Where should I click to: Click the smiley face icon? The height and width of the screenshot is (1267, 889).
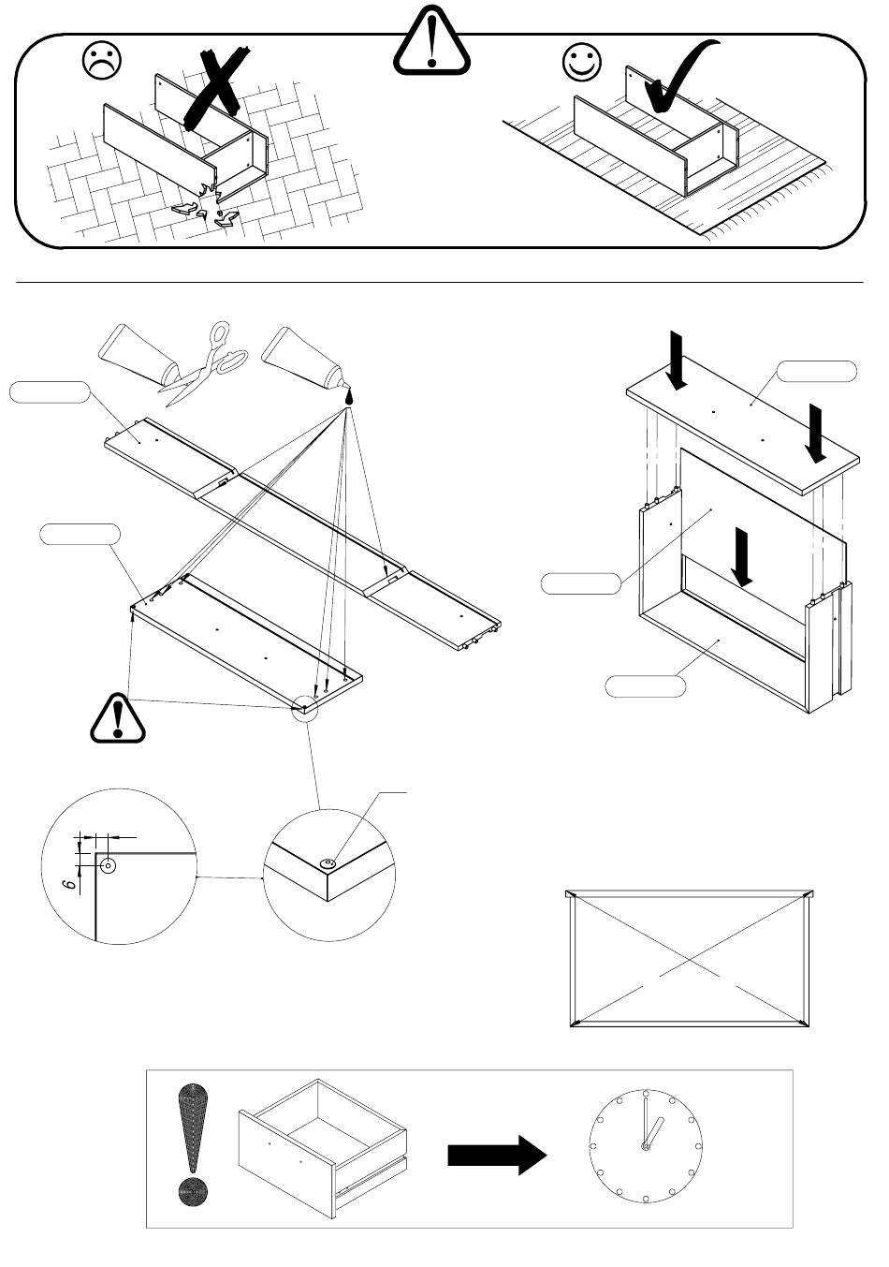click(581, 61)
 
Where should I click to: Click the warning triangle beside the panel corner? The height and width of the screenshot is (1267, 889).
click(118, 718)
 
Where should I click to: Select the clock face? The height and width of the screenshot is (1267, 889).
click(646, 1146)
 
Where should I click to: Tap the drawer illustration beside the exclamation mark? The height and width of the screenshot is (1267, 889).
click(322, 1147)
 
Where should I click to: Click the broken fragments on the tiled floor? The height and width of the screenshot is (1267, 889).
click(206, 209)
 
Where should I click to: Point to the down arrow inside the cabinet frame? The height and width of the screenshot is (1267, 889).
click(744, 557)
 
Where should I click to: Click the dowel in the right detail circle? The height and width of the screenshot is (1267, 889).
click(328, 863)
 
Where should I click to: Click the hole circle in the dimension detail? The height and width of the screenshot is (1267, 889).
click(108, 865)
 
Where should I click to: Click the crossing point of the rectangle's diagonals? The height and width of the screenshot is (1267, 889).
click(690, 959)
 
